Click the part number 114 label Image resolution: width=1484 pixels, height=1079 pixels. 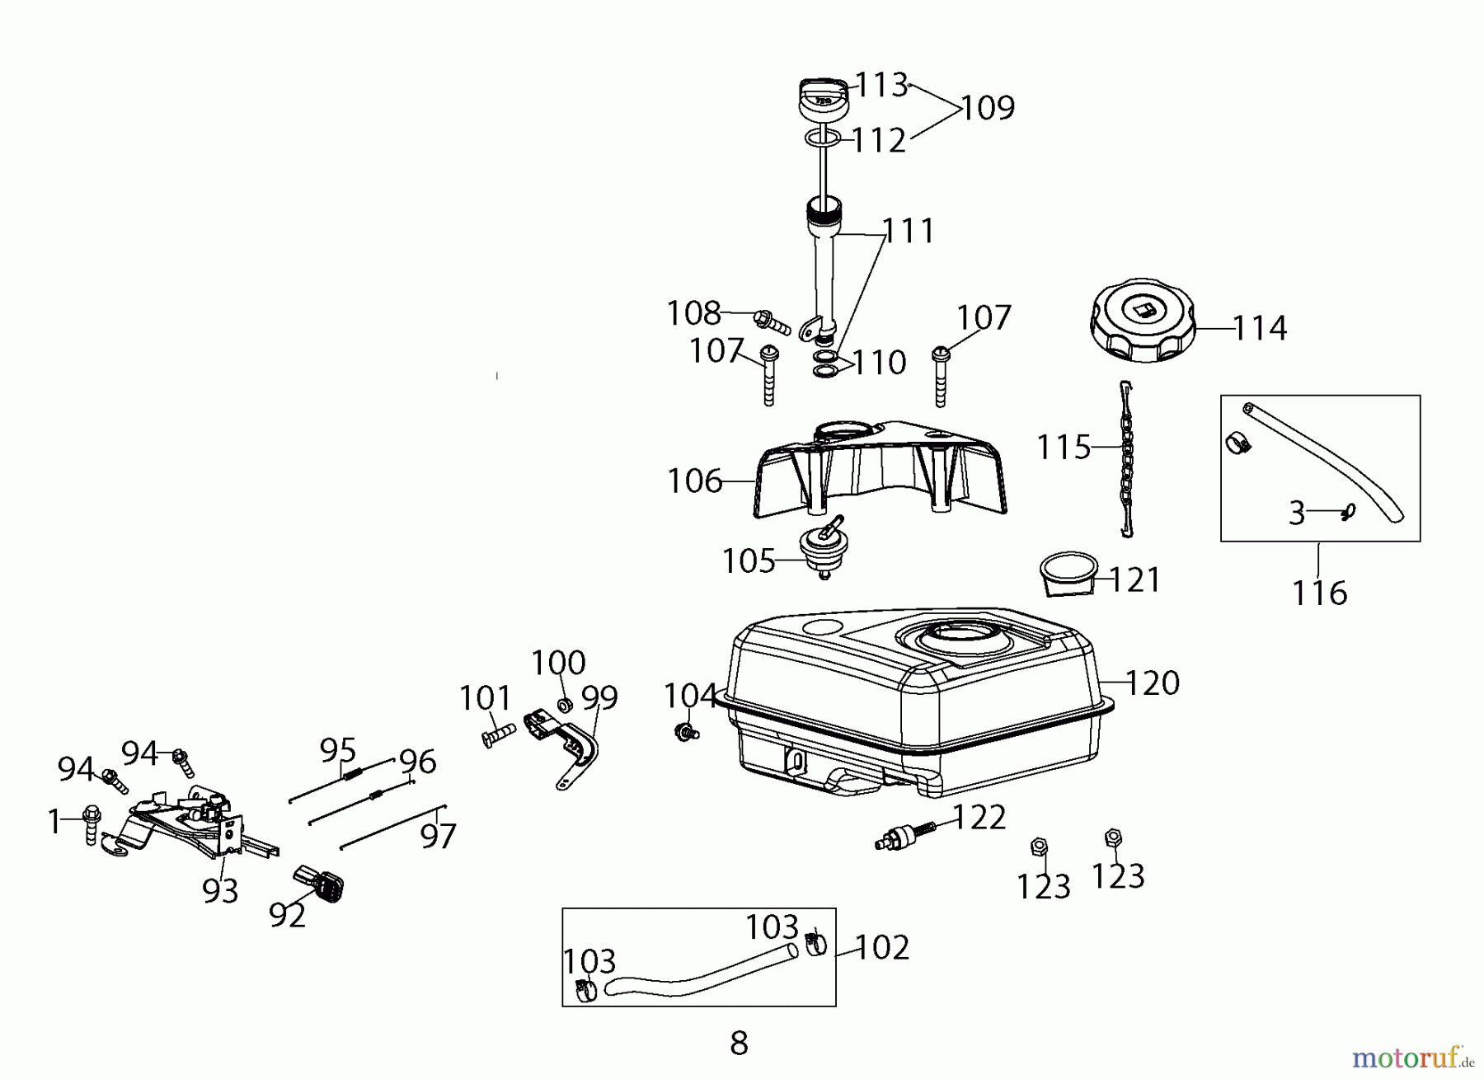pos(1259,328)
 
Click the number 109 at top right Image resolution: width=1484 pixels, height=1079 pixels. pos(988,108)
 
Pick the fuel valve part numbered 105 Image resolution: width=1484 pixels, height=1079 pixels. pos(820,546)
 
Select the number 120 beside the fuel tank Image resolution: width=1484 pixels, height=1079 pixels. pos(1152,683)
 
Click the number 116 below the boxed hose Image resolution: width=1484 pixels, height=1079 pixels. pos(1318,593)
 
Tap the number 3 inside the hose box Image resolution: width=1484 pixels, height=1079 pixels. pos(1297,514)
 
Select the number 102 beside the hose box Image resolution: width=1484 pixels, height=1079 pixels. pos(881,948)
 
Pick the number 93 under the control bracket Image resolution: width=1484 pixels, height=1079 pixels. pos(220,890)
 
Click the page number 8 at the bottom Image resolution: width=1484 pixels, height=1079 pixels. pos(739,1044)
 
